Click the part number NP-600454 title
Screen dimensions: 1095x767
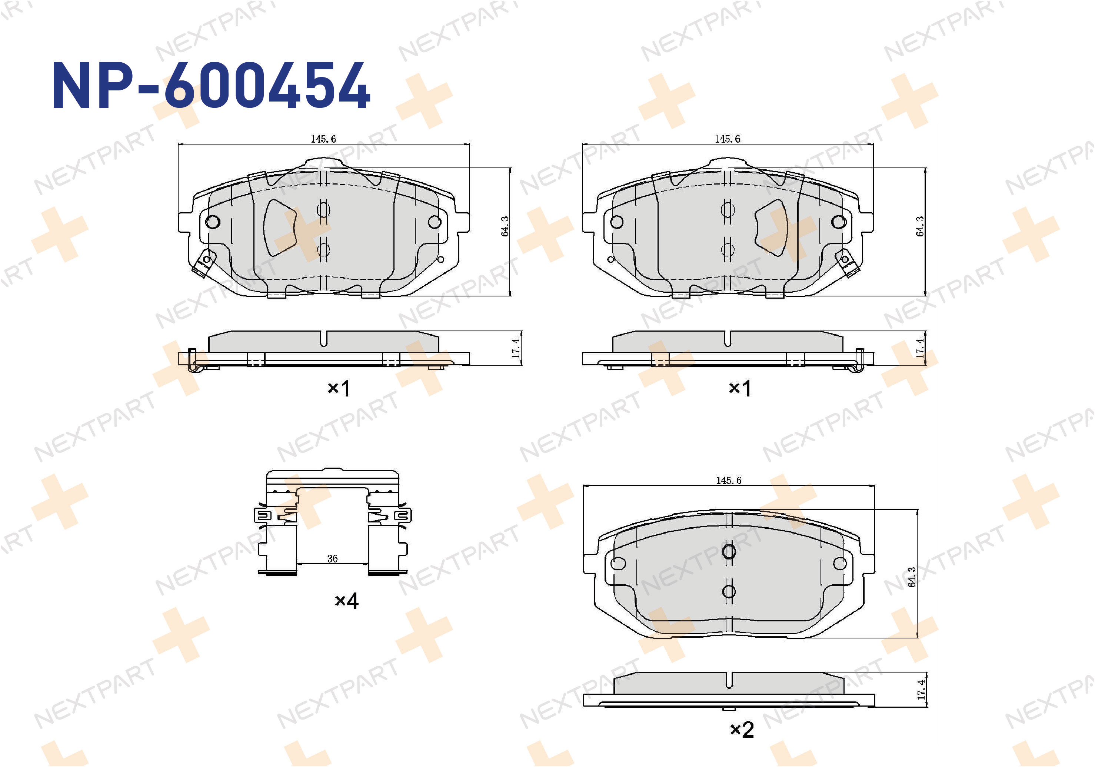click(211, 86)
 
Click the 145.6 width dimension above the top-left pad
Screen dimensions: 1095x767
click(323, 139)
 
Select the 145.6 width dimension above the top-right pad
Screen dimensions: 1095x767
click(727, 139)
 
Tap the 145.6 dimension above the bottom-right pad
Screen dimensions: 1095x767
click(729, 480)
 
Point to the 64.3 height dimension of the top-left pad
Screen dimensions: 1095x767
click(505, 226)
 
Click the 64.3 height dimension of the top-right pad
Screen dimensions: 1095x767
click(920, 226)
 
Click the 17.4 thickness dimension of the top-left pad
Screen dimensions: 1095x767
click(516, 348)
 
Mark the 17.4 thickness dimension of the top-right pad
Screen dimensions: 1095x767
click(920, 348)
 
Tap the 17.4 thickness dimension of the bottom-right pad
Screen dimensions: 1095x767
click(921, 690)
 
